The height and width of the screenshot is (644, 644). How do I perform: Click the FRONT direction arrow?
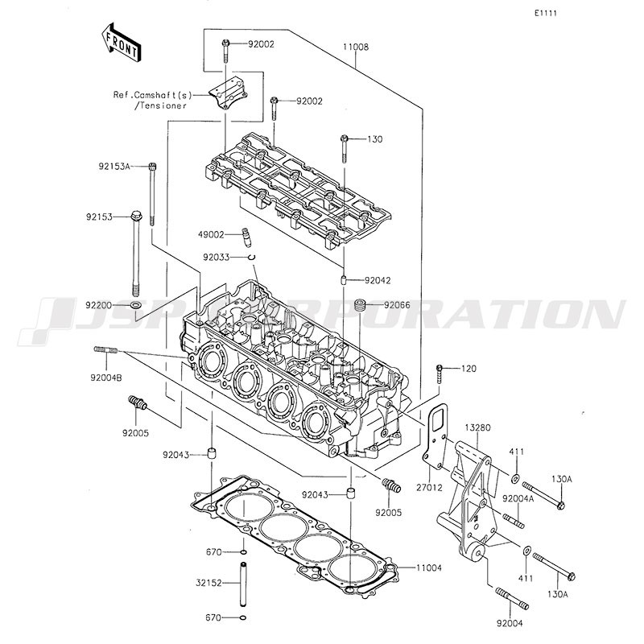(x=122, y=43)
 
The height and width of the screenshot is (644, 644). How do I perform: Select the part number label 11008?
(x=356, y=47)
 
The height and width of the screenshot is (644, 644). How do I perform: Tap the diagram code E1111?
(x=546, y=13)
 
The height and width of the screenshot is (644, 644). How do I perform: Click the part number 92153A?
(x=114, y=167)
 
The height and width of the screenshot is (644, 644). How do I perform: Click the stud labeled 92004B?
(x=106, y=350)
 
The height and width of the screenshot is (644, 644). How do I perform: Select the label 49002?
(x=211, y=234)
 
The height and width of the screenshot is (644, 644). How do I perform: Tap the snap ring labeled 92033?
(x=251, y=257)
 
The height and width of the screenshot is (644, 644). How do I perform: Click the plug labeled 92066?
(x=360, y=305)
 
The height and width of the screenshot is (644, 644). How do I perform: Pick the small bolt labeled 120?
(x=439, y=374)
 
